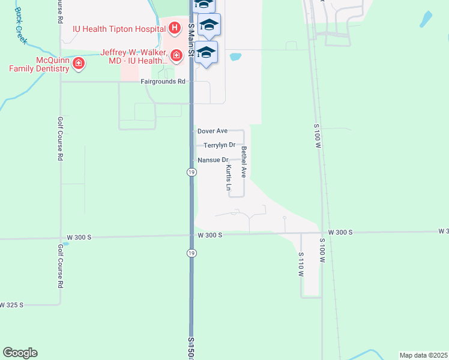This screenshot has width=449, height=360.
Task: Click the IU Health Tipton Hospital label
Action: pos(118,28)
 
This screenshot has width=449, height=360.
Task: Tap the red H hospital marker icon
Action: pos(174,28)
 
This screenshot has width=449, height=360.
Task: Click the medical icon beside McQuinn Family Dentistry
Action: pos(78,64)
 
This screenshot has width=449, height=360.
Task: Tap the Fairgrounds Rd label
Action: pos(163,82)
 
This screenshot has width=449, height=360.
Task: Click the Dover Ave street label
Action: pos(212,131)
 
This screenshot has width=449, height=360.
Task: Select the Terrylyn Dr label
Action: pos(219,145)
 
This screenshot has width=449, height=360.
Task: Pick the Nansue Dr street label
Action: pos(213,160)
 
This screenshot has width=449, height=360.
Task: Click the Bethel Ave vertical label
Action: pos(244,162)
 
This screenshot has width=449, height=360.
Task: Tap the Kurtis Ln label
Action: pos(229,178)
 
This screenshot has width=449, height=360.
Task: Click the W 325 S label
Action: pos(11,305)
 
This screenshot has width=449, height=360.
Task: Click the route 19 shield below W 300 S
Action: pos(191,253)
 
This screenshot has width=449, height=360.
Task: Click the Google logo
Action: pos(20,353)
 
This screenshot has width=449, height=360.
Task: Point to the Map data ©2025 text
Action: pos(423,355)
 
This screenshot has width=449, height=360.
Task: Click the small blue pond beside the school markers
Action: pos(235,58)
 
